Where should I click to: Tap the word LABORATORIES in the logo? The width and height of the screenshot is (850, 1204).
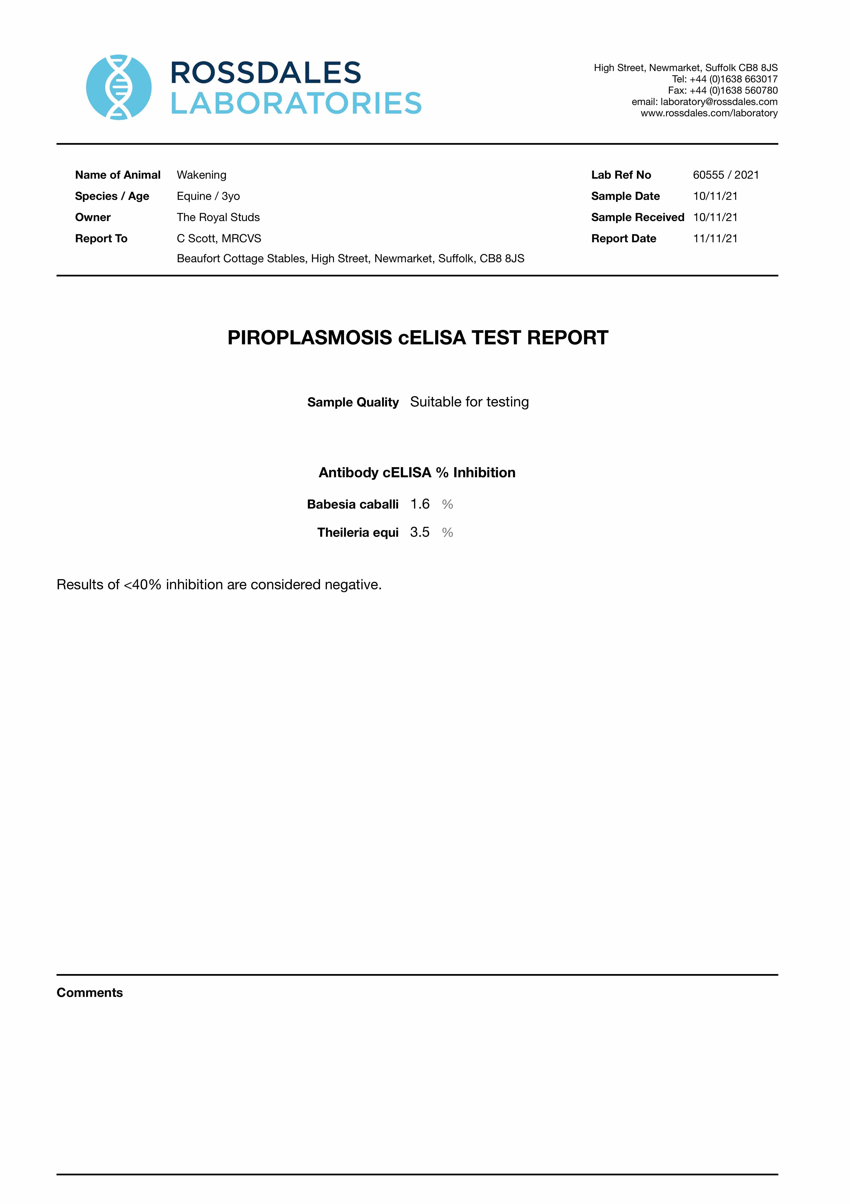[x=296, y=103]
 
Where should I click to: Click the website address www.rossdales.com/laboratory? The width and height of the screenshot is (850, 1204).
[x=709, y=113]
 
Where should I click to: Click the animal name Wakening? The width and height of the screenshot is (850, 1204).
[x=201, y=175]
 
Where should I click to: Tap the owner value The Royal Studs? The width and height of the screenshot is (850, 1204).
[x=218, y=217]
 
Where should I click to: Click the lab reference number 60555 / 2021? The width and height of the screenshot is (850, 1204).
[x=726, y=175]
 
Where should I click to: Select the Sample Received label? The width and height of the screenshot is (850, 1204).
[x=637, y=217]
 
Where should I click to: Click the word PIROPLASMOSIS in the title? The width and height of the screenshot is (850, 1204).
[x=309, y=338]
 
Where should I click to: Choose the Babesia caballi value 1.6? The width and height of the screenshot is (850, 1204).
[x=420, y=504]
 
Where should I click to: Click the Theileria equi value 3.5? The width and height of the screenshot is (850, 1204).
[x=420, y=532]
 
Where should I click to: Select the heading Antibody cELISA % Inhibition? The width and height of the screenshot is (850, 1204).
[x=417, y=472]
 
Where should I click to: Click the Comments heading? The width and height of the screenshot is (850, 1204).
[x=89, y=993]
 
